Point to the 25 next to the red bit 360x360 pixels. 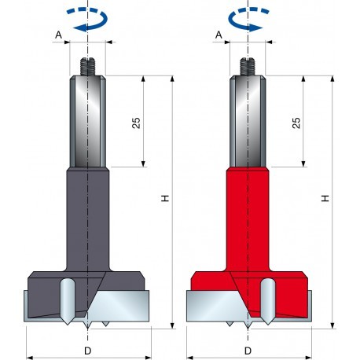pos(295,122)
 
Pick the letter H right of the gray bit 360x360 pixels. pos(164,200)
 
